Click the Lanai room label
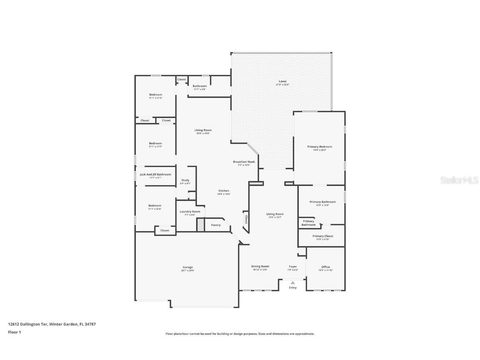(x=282, y=81)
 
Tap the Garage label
(x=187, y=267)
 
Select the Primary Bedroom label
(x=320, y=147)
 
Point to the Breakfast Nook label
(x=244, y=162)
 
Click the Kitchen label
(x=223, y=191)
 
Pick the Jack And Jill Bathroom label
(x=155, y=174)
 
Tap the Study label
(x=185, y=180)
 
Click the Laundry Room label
(x=190, y=212)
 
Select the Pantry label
(x=216, y=225)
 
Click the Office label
(x=325, y=267)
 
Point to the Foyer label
(x=293, y=266)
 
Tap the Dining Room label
(x=260, y=266)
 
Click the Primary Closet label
(x=322, y=236)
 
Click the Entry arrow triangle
(x=292, y=282)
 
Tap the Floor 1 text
(x=14, y=332)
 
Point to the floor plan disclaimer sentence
(x=240, y=334)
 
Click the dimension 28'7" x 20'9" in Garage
(x=187, y=270)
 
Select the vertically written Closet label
(x=246, y=219)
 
